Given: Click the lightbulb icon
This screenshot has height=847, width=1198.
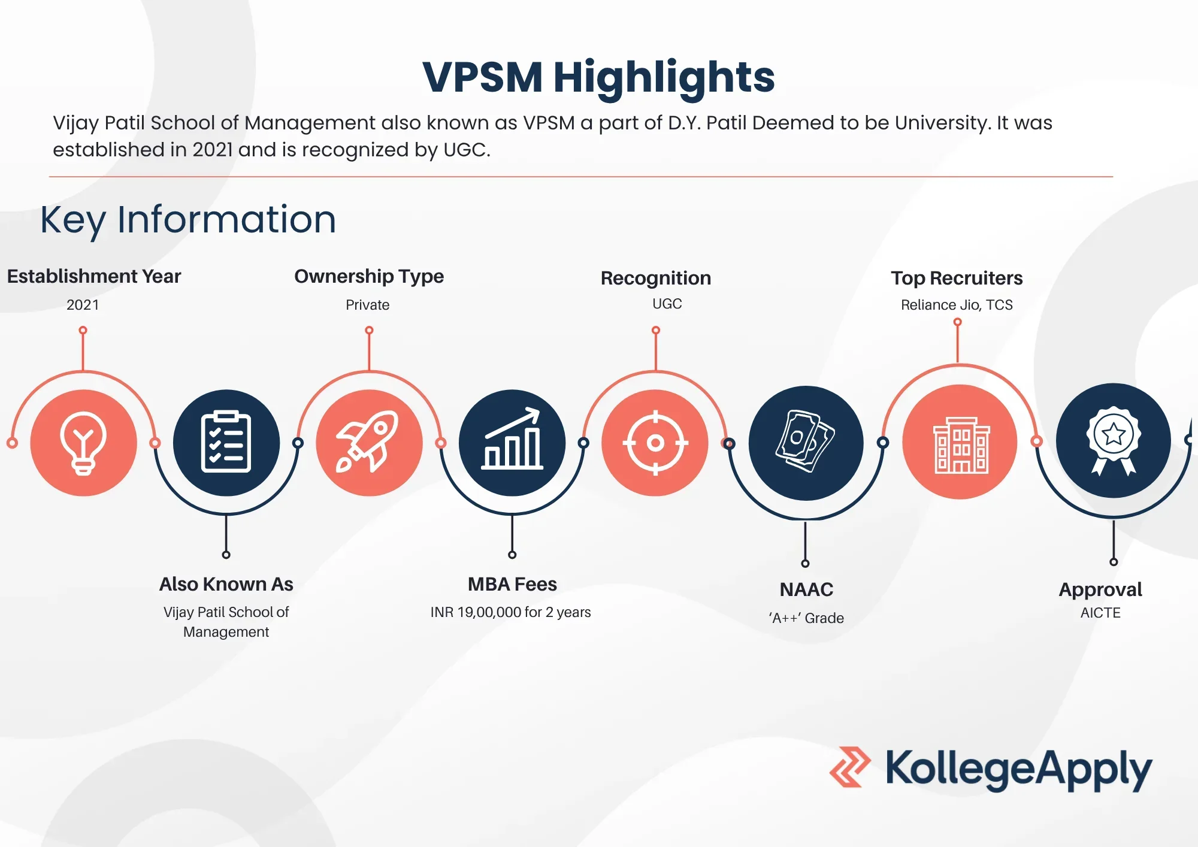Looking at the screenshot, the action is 83,443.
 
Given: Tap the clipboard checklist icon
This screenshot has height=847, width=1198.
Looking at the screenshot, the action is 226,442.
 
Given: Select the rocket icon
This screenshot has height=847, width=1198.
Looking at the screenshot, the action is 368,441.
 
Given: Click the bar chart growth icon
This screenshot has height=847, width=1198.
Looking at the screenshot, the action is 512,438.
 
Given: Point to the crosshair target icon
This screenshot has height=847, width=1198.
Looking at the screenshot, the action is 655,443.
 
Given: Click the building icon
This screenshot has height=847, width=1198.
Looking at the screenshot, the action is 961,445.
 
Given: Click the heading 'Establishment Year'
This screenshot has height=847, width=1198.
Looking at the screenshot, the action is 94,276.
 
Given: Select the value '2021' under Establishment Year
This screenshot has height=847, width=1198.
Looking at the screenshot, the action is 83,305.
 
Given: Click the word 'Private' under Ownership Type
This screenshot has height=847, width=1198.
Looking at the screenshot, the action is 368,305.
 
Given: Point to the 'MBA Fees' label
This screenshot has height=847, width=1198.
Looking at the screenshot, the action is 512,584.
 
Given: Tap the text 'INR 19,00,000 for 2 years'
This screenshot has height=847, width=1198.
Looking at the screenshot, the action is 510,612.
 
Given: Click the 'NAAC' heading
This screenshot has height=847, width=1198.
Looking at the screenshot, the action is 806,589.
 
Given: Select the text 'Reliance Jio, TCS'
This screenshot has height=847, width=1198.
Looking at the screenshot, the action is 957,305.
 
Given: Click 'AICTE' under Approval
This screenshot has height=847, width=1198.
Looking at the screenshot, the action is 1100,613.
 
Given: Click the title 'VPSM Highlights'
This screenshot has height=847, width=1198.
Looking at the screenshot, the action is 598,77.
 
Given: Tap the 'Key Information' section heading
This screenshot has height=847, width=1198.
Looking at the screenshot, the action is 188,220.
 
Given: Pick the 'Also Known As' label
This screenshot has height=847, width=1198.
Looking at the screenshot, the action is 226,584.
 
